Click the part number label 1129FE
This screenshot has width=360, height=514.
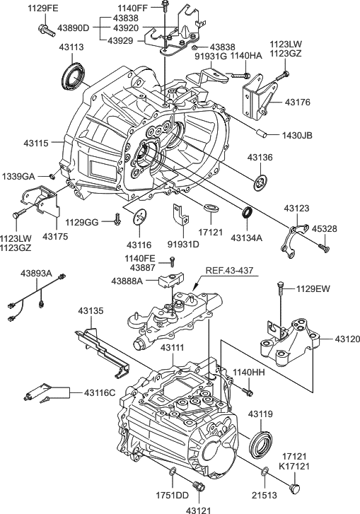[44, 8]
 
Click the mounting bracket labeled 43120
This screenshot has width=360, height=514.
[290, 340]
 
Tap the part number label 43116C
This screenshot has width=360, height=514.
[101, 392]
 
